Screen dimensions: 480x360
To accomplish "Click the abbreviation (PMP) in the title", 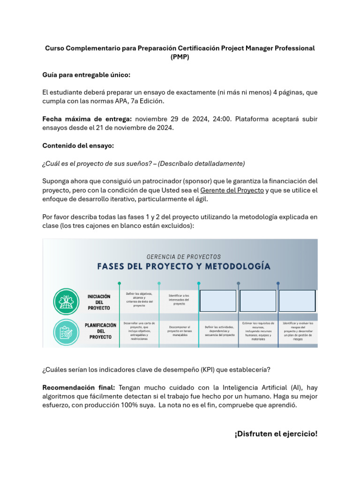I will (180, 57).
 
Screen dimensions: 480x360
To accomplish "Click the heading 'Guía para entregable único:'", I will (86, 75).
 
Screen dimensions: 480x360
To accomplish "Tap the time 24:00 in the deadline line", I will (222, 119).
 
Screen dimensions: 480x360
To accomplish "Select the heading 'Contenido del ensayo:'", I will (78, 146).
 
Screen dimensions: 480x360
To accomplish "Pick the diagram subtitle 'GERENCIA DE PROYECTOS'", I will (184, 257).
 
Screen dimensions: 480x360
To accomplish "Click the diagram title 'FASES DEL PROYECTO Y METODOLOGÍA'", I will (184, 267).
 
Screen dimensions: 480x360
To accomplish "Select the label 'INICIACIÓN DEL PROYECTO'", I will (99, 302).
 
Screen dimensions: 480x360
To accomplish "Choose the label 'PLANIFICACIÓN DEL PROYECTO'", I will (100, 330).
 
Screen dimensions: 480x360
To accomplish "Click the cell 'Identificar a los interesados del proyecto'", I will (179, 300).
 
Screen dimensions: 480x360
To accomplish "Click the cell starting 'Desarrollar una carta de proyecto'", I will (139, 331).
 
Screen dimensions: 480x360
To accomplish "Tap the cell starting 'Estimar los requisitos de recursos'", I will (258, 331).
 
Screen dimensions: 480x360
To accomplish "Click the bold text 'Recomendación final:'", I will (79, 388).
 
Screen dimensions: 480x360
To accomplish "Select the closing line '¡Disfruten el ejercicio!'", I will (276, 434).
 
